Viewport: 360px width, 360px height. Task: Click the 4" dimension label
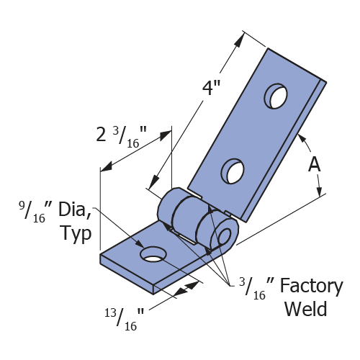click(211, 88)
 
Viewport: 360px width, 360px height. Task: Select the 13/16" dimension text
click(124, 320)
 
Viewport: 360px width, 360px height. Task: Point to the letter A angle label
click(314, 165)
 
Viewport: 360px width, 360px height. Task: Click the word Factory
click(311, 287)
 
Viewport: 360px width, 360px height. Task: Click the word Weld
click(305, 309)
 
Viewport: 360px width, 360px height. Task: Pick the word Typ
click(76, 233)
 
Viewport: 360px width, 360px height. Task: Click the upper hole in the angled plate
click(276, 96)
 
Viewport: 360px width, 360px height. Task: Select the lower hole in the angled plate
click(233, 171)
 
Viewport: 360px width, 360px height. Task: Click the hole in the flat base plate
click(153, 254)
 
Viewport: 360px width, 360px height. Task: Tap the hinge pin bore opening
click(225, 237)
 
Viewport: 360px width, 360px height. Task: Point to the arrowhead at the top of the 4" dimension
click(238, 40)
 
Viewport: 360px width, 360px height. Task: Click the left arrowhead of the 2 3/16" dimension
click(107, 166)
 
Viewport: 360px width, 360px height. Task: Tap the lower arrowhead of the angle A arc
click(319, 192)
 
